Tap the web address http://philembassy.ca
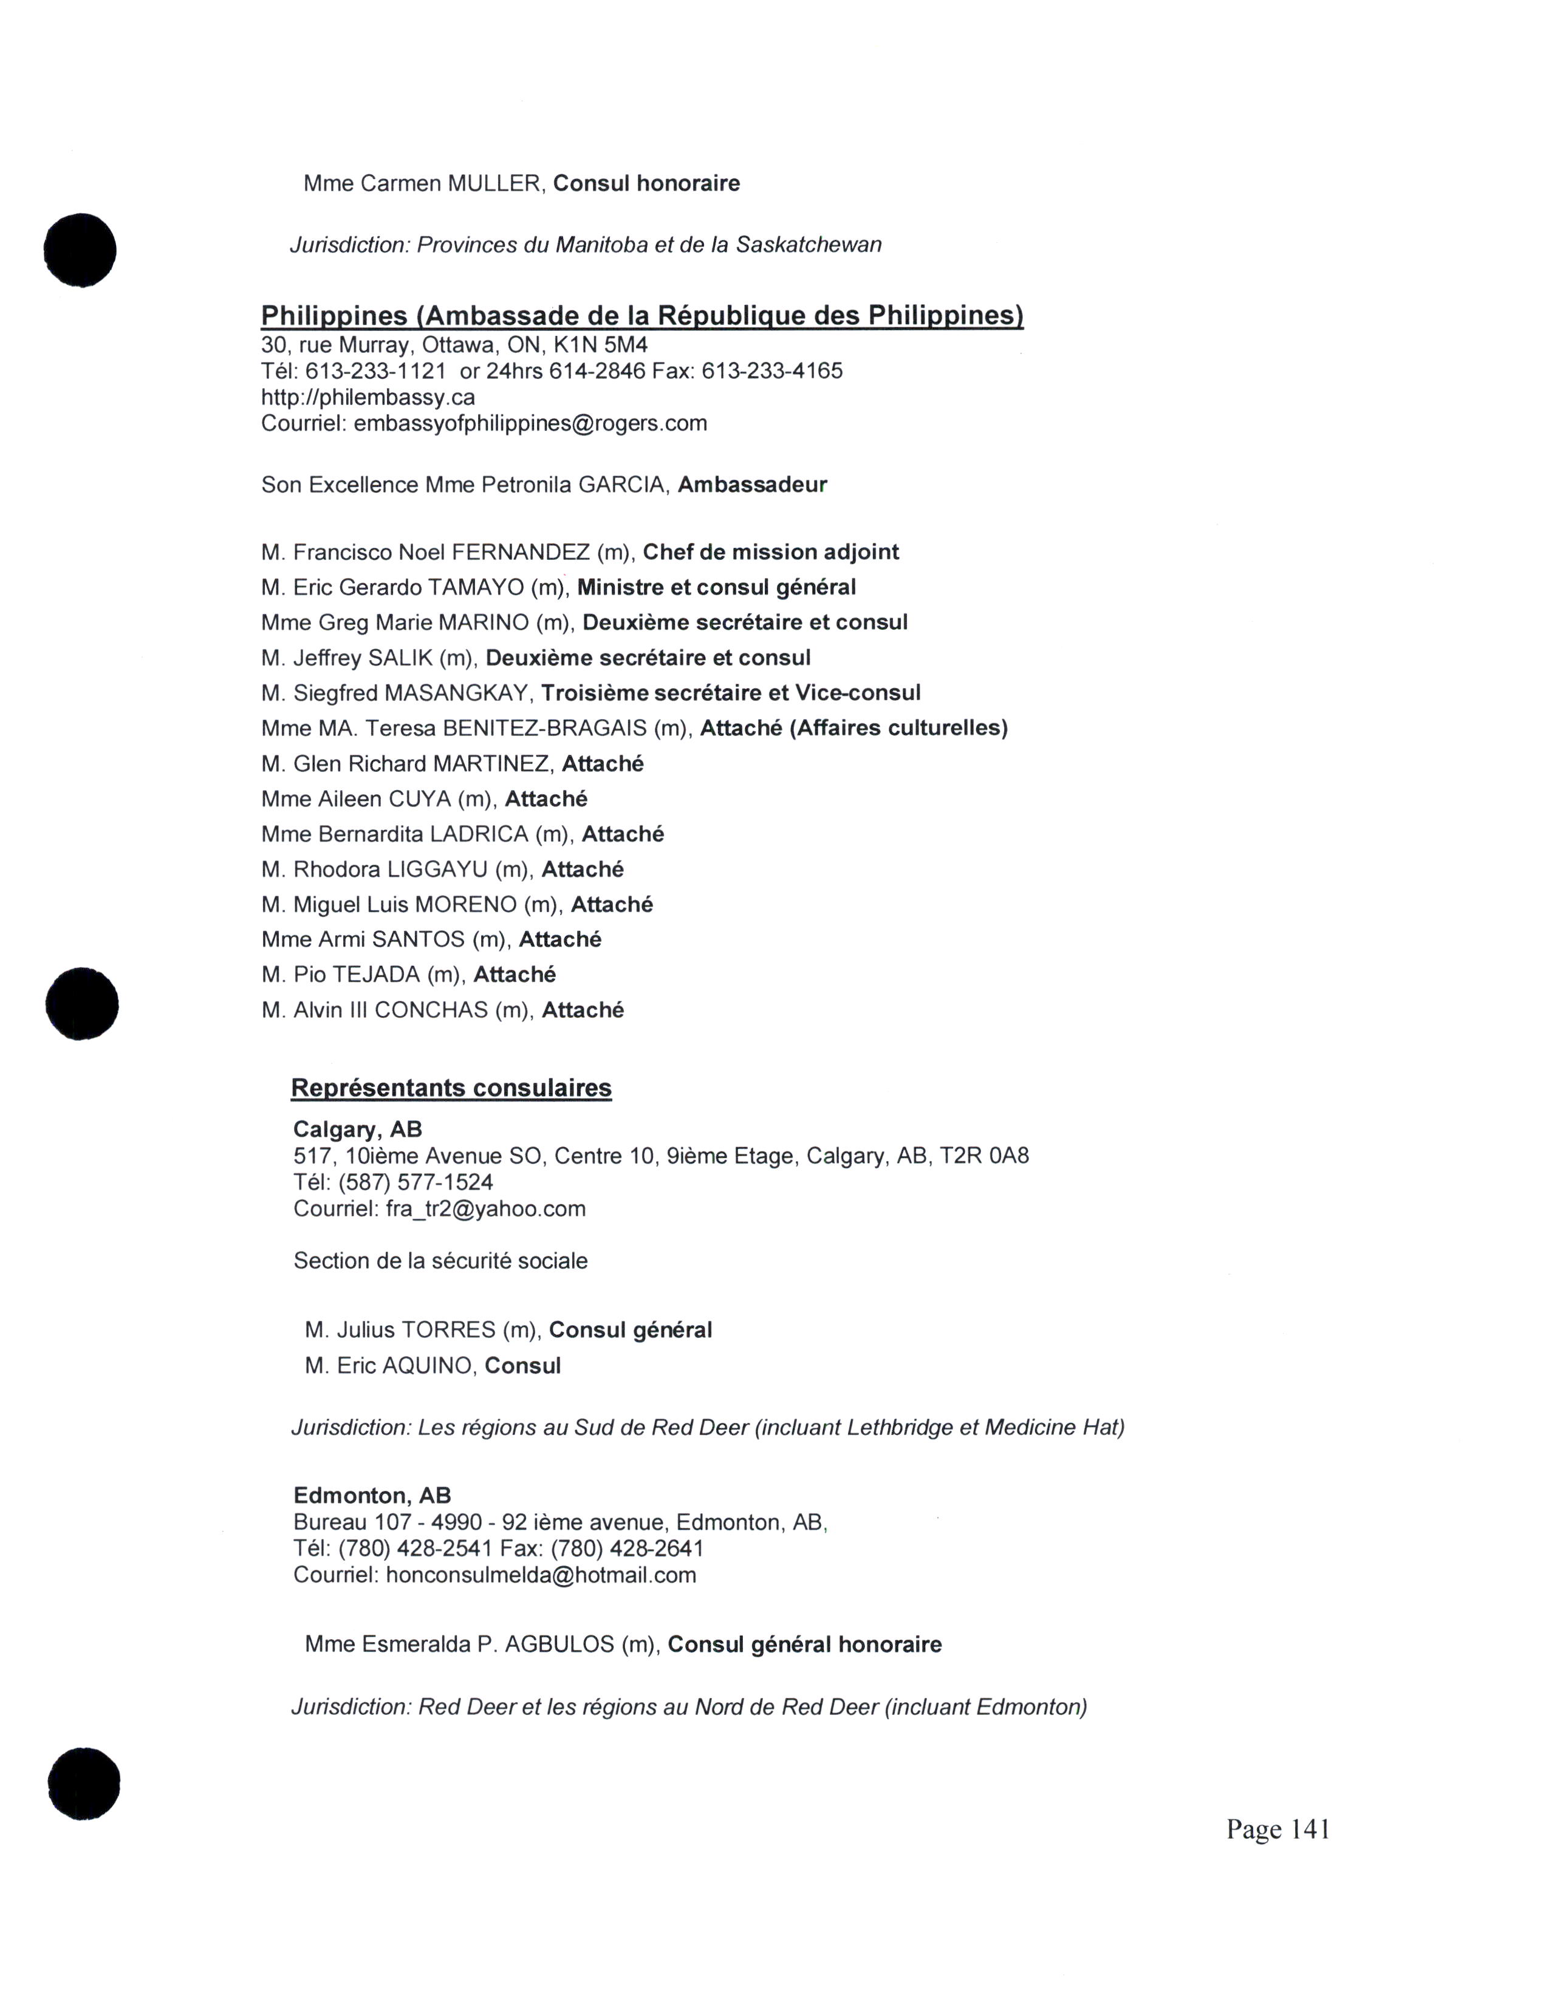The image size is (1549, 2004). (x=368, y=397)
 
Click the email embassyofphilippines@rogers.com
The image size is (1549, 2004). (x=530, y=423)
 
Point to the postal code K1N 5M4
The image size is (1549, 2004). (x=600, y=345)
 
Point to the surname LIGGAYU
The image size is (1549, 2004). (x=437, y=869)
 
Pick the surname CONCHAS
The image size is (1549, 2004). (x=431, y=1011)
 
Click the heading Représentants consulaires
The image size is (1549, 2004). (x=451, y=1088)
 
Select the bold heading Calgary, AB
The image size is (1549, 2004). (x=357, y=1130)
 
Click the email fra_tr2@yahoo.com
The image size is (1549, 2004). (x=485, y=1208)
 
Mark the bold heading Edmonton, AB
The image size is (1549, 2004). (x=372, y=1496)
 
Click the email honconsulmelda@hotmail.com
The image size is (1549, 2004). (x=541, y=1575)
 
